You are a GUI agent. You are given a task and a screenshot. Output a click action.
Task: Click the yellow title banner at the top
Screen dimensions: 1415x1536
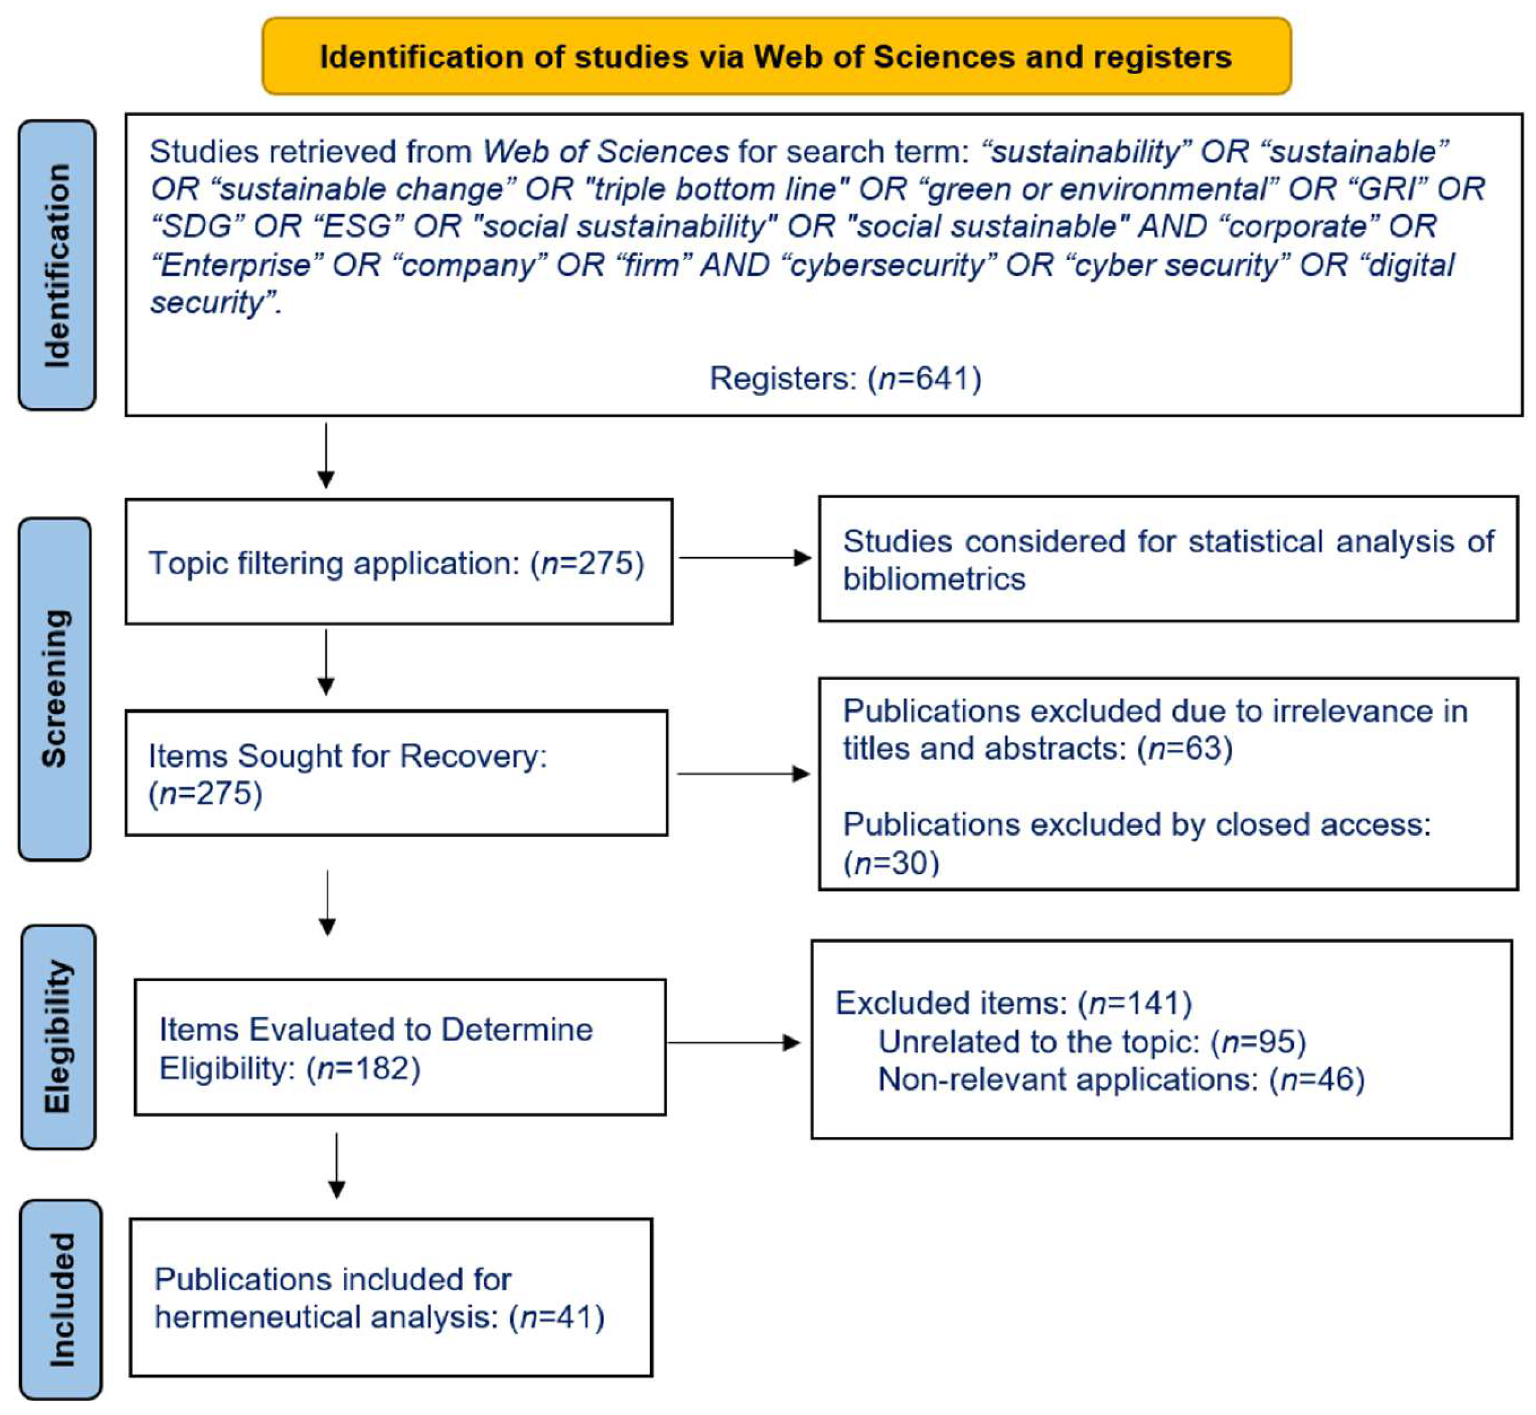[x=775, y=57]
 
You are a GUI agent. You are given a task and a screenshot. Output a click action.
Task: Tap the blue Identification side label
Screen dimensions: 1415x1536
[x=57, y=265]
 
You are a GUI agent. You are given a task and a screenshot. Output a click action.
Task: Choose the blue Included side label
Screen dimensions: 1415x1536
[x=60, y=1300]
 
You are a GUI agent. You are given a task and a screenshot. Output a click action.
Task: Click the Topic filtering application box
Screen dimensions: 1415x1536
[x=399, y=562]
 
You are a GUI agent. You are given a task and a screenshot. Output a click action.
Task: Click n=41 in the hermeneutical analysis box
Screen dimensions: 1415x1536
[x=556, y=1317]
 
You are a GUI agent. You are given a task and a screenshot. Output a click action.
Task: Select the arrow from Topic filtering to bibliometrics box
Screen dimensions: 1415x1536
[x=745, y=558]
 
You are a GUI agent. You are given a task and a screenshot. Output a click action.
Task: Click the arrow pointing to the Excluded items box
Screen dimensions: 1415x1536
[x=734, y=1042]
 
